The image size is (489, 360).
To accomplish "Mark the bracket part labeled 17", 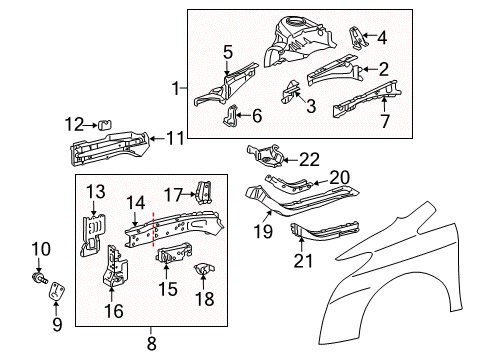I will [202, 190].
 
